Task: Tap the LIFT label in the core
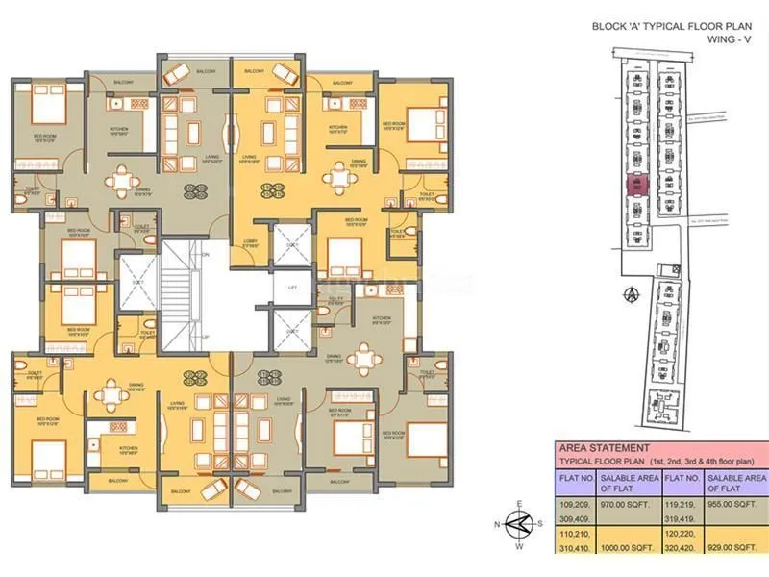[x=292, y=288]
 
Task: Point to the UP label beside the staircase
[x=205, y=336]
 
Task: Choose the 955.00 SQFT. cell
[x=733, y=501]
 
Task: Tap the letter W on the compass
[x=520, y=547]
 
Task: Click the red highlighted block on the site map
[x=634, y=186]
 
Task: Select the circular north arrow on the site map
[x=632, y=293]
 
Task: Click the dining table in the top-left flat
[x=121, y=179]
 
